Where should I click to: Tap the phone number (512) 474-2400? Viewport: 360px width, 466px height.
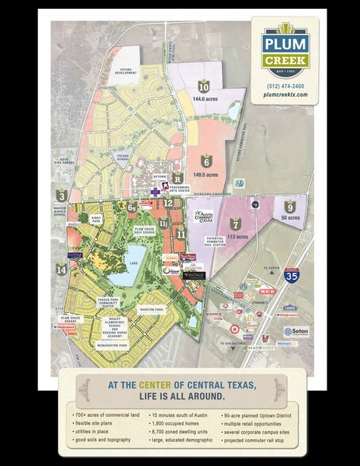click(288, 85)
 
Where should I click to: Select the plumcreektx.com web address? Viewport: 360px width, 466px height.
click(288, 95)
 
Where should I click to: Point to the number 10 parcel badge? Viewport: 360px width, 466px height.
click(204, 87)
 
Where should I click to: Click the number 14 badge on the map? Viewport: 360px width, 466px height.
click(62, 270)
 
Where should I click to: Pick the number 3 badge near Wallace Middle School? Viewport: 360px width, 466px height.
click(62, 195)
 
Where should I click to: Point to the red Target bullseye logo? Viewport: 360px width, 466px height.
click(234, 327)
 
